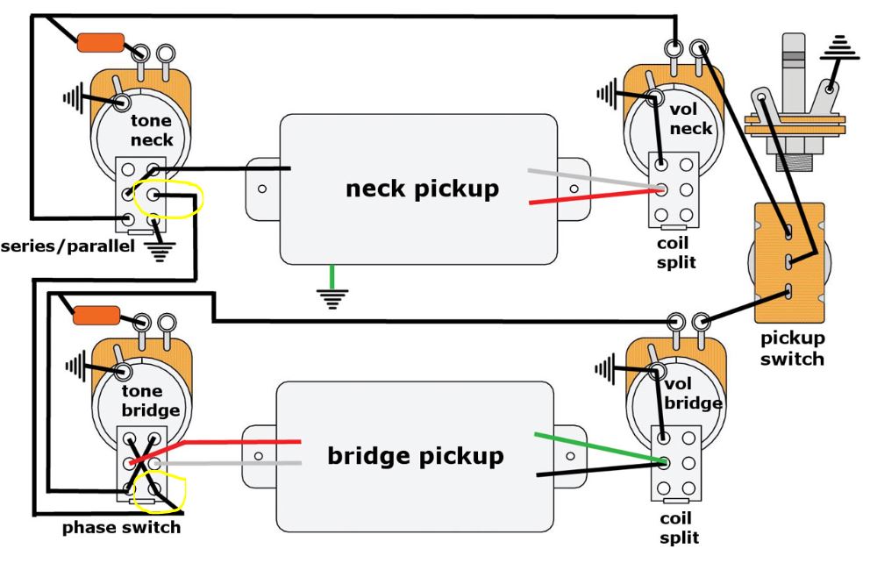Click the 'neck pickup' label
click(422, 188)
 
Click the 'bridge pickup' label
click(416, 456)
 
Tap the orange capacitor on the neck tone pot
click(100, 42)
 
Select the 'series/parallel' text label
click(68, 246)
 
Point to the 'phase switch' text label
click(121, 527)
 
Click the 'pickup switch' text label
click(792, 347)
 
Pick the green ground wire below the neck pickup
click(331, 278)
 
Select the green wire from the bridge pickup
click(596, 447)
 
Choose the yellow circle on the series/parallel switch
click(176, 197)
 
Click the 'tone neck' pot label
click(151, 130)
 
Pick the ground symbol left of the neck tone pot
click(74, 96)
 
